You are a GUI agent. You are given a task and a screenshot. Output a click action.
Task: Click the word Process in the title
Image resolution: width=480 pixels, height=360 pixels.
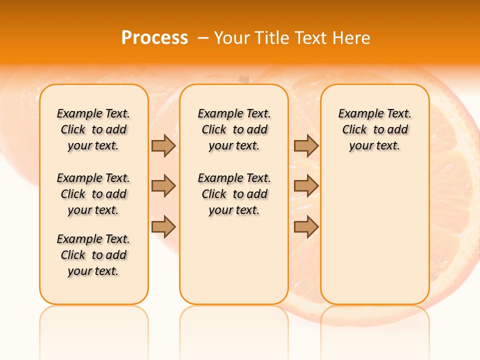click(154, 38)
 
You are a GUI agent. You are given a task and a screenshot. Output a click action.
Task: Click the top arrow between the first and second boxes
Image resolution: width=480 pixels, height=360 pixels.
click(163, 145)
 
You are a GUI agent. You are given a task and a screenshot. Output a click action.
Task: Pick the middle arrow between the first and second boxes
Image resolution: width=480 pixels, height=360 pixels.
click(163, 186)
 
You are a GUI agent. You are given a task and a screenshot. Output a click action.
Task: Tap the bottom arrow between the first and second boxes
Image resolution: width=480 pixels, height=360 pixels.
click(163, 227)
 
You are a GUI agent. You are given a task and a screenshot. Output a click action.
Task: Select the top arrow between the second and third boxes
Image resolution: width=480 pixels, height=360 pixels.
click(306, 145)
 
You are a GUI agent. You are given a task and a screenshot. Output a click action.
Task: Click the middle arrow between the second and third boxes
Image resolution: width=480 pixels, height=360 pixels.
click(306, 186)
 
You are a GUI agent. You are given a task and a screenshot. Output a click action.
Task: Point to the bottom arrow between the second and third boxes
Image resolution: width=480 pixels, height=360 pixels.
click(306, 227)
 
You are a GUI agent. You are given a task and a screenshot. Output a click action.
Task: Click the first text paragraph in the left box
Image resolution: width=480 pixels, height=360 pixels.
click(93, 129)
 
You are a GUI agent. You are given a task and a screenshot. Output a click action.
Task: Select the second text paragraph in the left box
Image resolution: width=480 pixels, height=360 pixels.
click(93, 194)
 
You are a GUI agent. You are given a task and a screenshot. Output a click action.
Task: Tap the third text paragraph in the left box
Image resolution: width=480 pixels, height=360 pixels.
click(93, 255)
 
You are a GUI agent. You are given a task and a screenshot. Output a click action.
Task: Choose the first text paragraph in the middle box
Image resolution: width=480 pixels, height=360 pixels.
click(234, 129)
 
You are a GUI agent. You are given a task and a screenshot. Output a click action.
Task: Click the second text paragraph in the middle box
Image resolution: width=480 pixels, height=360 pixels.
click(234, 194)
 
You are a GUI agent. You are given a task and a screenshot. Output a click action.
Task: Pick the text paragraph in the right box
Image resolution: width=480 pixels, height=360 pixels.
click(374, 129)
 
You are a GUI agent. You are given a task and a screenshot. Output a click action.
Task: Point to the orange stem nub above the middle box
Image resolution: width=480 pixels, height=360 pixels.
click(244, 78)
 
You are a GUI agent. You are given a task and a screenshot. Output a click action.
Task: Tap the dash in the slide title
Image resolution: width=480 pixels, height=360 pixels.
click(203, 38)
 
